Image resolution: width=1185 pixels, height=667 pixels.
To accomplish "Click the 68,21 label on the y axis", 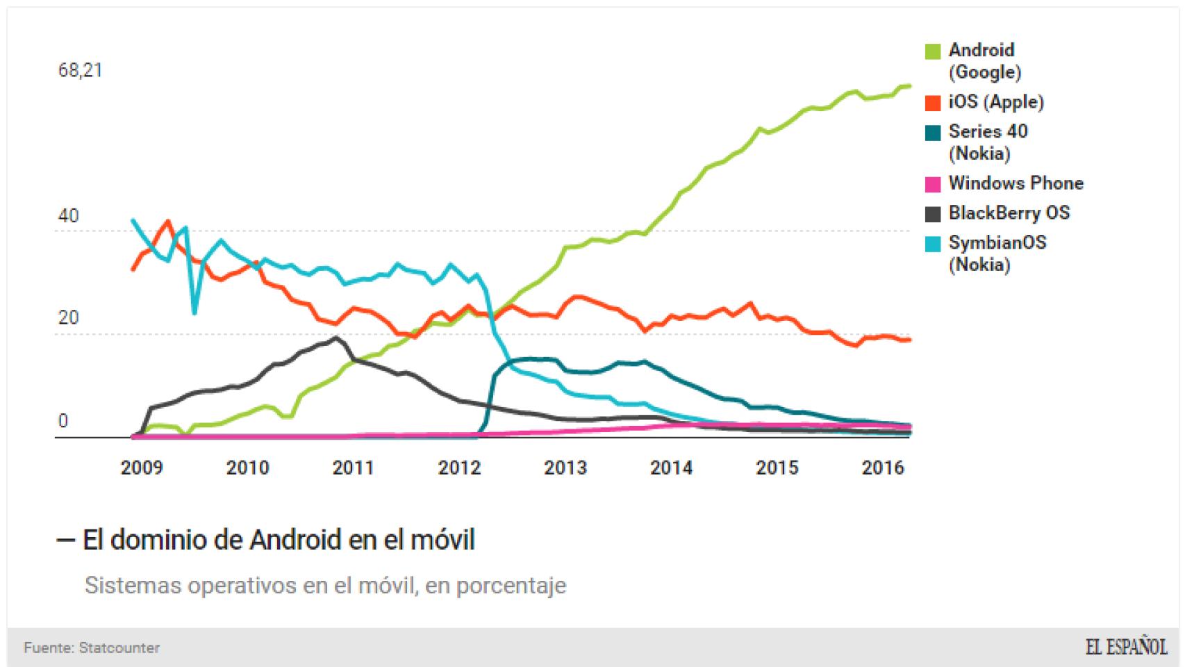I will pyautogui.click(x=81, y=70).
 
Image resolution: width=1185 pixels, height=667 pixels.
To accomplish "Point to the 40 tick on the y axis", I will pyautogui.click(x=68, y=216).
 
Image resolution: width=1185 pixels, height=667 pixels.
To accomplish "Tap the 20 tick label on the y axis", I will pyautogui.click(x=68, y=318).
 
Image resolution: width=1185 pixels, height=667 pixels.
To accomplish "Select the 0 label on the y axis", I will pyautogui.click(x=63, y=421).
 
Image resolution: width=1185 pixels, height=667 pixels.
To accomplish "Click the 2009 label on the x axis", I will pyautogui.click(x=142, y=468).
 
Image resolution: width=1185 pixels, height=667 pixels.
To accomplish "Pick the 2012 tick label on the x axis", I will pyautogui.click(x=459, y=468).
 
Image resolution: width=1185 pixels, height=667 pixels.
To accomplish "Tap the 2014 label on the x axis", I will pyautogui.click(x=671, y=468).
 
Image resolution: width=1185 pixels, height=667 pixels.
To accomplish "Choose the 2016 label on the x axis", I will pyautogui.click(x=883, y=468).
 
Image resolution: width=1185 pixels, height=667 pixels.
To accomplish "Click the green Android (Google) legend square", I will pyautogui.click(x=933, y=51).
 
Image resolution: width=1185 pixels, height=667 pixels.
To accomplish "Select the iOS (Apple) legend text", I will pyautogui.click(x=996, y=102).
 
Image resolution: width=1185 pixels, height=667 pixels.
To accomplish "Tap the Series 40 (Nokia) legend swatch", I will pyautogui.click(x=933, y=133).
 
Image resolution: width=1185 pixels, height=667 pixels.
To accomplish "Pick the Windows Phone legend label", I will pyautogui.click(x=1016, y=183).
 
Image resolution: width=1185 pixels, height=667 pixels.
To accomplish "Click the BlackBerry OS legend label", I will pyautogui.click(x=1009, y=213).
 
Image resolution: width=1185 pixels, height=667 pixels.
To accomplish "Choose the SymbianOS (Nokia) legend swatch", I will pyautogui.click(x=933, y=244).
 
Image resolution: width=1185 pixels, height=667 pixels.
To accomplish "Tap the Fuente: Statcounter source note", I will pyautogui.click(x=92, y=648).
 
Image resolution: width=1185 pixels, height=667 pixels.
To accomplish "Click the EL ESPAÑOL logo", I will pyautogui.click(x=1126, y=648).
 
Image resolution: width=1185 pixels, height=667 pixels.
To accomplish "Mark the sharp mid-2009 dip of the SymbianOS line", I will pyautogui.click(x=194, y=312).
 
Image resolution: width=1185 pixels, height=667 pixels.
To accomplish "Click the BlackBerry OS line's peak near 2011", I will pyautogui.click(x=337, y=338).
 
